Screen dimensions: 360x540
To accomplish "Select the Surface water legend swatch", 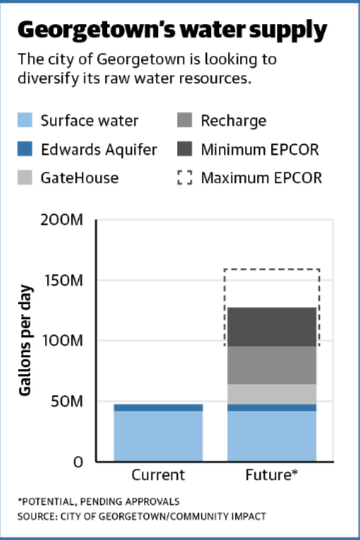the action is pos(25,120).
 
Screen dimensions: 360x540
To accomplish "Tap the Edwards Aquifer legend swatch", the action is pos(25,149).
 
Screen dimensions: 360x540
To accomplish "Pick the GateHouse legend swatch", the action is pos(25,177).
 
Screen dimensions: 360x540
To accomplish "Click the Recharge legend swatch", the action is pos(185,120).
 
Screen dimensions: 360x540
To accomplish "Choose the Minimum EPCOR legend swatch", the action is pos(185,149).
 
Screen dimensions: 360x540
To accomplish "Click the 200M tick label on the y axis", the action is pos(62,220).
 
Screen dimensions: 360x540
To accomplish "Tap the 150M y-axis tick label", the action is pos(64,280).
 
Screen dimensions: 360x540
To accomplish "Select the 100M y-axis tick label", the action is pos(63,341).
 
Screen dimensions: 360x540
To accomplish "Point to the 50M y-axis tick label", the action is pos(67,401).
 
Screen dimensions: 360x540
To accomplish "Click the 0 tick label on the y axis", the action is pos(78,462).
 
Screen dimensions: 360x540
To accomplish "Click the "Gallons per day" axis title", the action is pos(25,340).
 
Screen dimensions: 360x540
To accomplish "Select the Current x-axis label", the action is pos(158,475).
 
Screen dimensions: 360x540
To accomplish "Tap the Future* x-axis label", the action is pos(271,475).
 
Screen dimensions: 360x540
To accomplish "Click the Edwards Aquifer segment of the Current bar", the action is pos(159,408).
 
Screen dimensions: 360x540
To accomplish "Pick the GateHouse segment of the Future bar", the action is pos(272,394).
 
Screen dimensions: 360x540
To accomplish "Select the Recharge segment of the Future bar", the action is pos(272,365).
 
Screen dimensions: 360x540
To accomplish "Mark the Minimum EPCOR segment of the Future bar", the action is pos(272,327).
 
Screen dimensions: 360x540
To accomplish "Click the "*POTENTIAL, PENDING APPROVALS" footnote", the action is pos(99,501).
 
